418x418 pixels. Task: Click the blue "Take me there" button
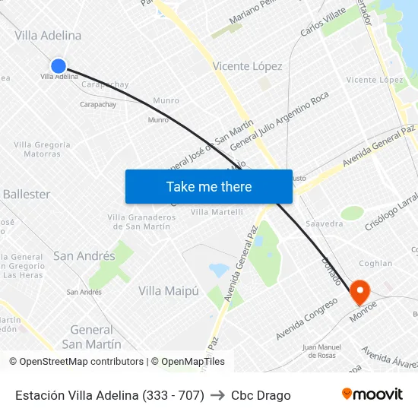[x=209, y=186]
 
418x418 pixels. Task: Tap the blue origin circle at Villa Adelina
[x=59, y=66]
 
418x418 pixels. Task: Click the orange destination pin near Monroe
[x=358, y=292]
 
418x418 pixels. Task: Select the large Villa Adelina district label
[x=48, y=36]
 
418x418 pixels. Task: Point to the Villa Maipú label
[x=168, y=290]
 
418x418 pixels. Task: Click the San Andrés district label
[x=84, y=256]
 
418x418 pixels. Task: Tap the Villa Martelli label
[x=217, y=212]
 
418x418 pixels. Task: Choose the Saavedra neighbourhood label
[x=324, y=224]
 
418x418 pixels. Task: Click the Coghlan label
[x=375, y=264]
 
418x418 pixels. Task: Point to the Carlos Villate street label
[x=323, y=22]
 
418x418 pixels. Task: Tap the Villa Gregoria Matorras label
[x=42, y=149]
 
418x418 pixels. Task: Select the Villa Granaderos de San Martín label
[x=142, y=221]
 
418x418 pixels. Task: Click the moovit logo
[x=372, y=394]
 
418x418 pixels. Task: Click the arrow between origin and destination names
[x=217, y=395]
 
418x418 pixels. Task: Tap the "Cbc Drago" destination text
[x=261, y=395]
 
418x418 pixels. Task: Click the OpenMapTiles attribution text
[x=188, y=362]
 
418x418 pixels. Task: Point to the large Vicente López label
[x=247, y=66]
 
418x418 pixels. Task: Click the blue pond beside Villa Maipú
[x=218, y=270]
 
